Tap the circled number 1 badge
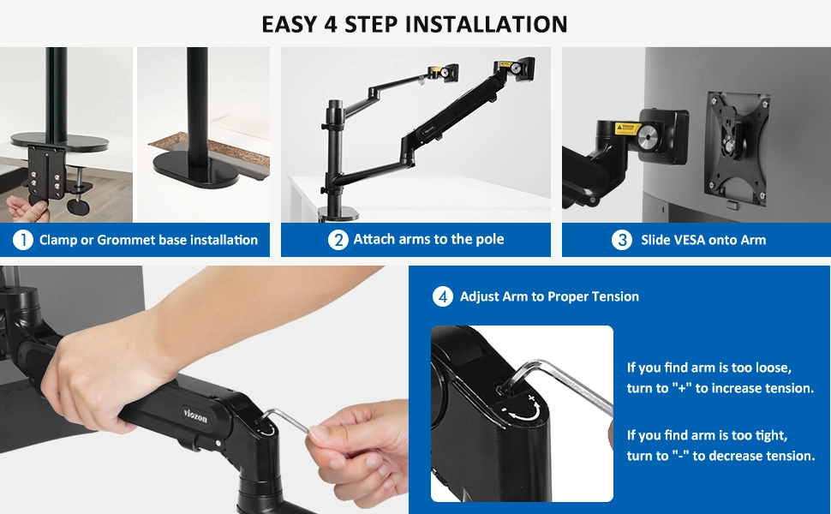click(x=23, y=240)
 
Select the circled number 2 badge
click(x=338, y=240)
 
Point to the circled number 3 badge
click(x=622, y=240)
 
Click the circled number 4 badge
click(x=443, y=296)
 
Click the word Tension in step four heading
click(x=616, y=296)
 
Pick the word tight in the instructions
click(x=771, y=435)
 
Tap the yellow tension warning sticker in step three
click(x=627, y=128)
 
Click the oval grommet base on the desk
click(x=196, y=170)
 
